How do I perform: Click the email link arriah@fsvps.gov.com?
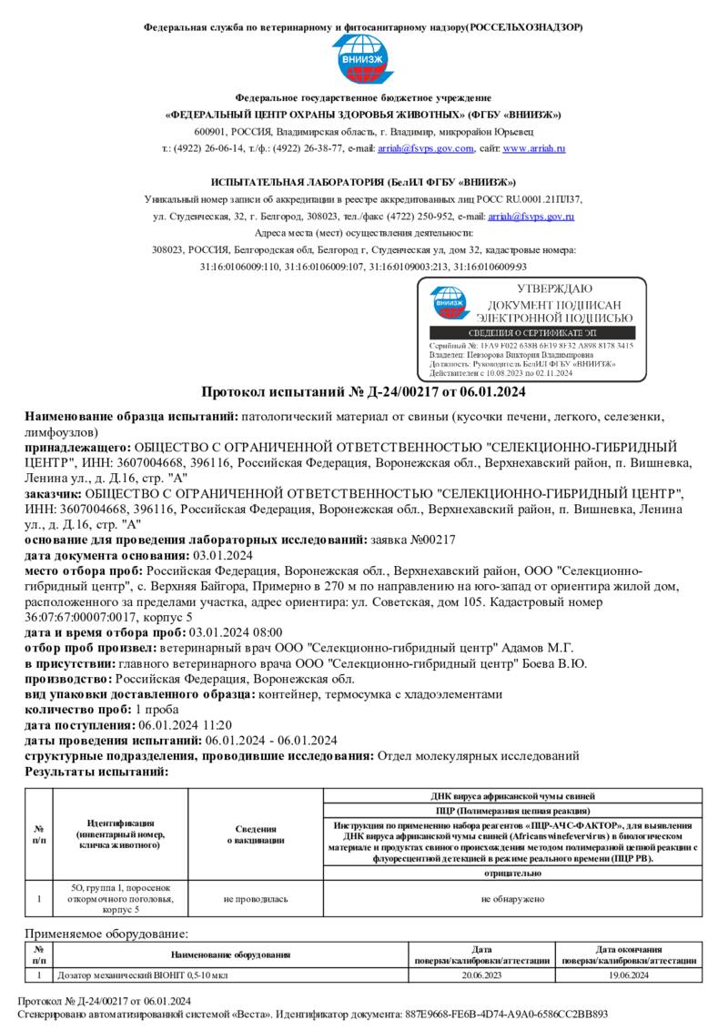[x=426, y=148]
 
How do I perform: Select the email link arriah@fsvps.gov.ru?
[x=531, y=217]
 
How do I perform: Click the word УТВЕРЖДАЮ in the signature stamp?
[x=554, y=288]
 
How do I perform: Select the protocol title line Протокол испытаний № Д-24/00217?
[x=363, y=392]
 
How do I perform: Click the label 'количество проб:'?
[x=78, y=710]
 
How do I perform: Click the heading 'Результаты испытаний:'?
[x=96, y=772]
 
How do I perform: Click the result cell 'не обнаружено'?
[x=512, y=899]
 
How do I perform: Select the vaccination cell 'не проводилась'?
[x=256, y=899]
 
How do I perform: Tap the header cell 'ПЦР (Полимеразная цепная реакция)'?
[x=512, y=810]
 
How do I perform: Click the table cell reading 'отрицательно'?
[x=512, y=873]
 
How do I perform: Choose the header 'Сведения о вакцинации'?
[x=256, y=834]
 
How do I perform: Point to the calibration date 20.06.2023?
[x=481, y=975]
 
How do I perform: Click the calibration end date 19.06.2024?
[x=629, y=975]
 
